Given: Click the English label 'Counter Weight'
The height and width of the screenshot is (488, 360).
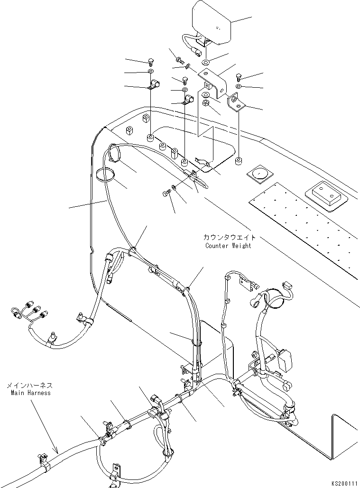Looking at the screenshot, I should click(x=228, y=246).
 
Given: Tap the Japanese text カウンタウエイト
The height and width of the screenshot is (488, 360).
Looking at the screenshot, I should click(x=230, y=237).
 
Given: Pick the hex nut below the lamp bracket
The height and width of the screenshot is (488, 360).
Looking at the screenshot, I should click(x=205, y=103).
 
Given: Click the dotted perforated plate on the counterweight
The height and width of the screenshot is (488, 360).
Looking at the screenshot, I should click(x=304, y=223).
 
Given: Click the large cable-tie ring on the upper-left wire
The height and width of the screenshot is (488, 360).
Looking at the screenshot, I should click(x=105, y=175).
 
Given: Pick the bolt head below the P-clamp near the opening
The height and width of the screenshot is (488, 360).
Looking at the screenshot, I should click(x=166, y=193).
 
